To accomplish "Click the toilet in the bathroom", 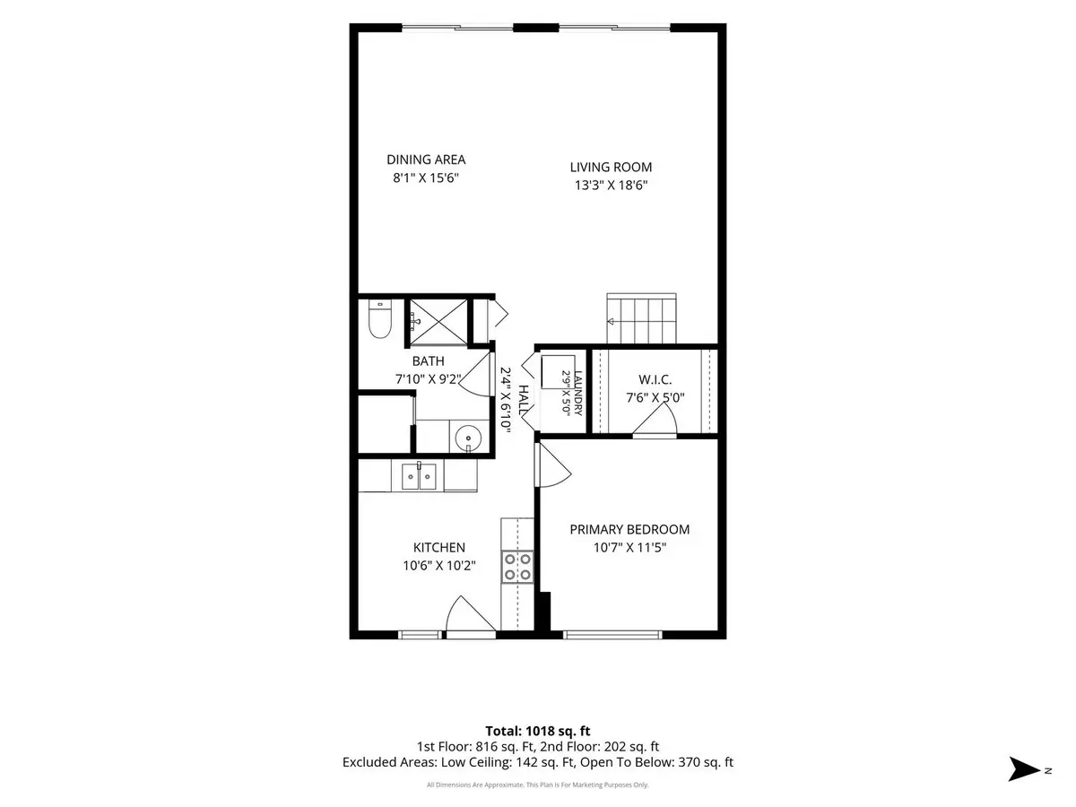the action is tap(379, 319).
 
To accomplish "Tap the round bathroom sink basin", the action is tap(468, 438).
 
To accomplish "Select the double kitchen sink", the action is tap(419, 476).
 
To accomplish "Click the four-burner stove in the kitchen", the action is tap(517, 567).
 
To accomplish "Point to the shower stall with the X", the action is tap(438, 321).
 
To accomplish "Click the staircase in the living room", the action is tap(641, 318).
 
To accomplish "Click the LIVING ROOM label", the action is tap(611, 167).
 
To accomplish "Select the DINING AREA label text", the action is tap(426, 160).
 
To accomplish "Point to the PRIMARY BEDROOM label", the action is tap(629, 529).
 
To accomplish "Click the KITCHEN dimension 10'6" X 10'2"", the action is tap(439, 566).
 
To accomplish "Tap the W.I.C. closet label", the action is tap(655, 379).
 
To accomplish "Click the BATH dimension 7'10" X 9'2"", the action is tap(429, 378).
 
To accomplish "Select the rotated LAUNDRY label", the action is tap(578, 394).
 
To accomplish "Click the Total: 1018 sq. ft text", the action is tap(538, 731).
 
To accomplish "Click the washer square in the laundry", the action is tap(558, 372).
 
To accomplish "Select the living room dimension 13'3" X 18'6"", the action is tap(612, 186).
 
